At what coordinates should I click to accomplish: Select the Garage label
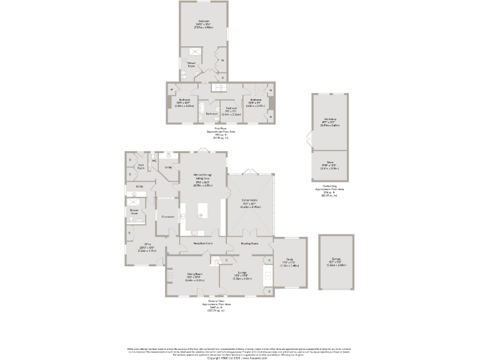point(337,264)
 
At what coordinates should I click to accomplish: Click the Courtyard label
point(167,216)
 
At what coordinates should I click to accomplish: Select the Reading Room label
point(250,243)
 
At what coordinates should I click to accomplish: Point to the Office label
point(148,245)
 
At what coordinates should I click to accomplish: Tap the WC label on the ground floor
point(154,161)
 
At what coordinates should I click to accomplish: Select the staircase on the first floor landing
point(219,88)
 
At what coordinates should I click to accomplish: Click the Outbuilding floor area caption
point(325,191)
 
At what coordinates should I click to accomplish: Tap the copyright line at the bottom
point(240,358)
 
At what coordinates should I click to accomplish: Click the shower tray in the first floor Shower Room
point(189,52)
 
